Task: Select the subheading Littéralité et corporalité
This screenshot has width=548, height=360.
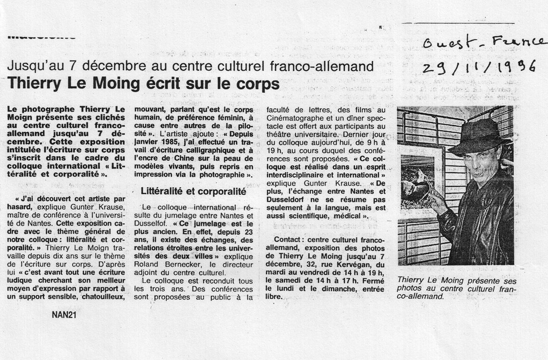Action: [194, 191]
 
